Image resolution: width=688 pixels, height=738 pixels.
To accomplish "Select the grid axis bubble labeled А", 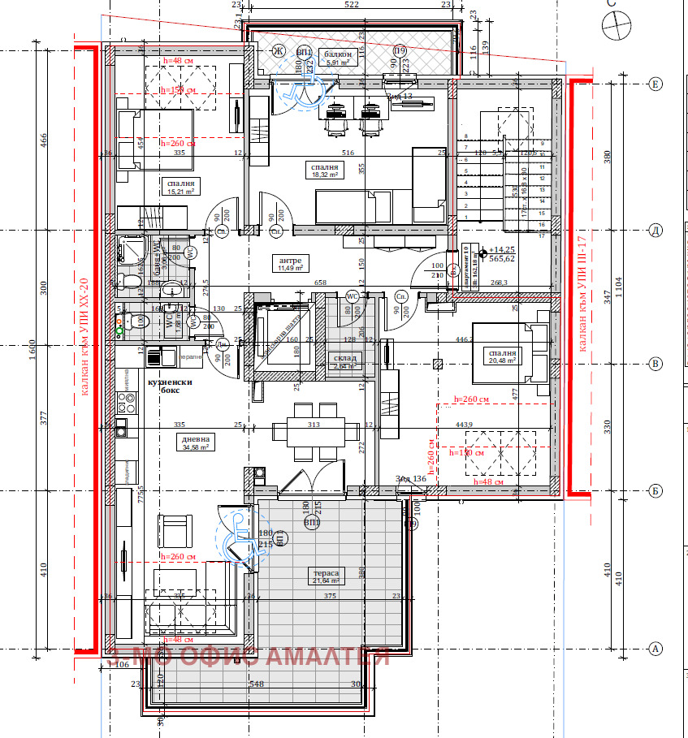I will [x=655, y=649].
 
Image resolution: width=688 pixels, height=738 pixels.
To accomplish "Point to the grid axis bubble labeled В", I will [x=655, y=365].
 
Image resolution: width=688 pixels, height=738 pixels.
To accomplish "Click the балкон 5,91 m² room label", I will [x=337, y=57].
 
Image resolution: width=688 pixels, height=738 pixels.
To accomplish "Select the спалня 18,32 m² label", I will [x=323, y=170].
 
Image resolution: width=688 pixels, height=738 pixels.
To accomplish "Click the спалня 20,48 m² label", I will [x=501, y=357].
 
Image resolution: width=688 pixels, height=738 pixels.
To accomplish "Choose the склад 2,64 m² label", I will [x=340, y=361].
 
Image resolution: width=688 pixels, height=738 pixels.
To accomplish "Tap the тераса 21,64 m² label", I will [x=328, y=576].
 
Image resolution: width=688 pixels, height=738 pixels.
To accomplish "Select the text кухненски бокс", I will [x=170, y=386].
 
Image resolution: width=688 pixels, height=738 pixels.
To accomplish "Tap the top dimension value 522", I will [x=352, y=5].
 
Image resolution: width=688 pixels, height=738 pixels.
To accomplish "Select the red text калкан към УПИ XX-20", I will [x=85, y=336].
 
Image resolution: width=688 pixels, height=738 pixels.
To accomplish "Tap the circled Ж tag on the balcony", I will [x=279, y=53].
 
